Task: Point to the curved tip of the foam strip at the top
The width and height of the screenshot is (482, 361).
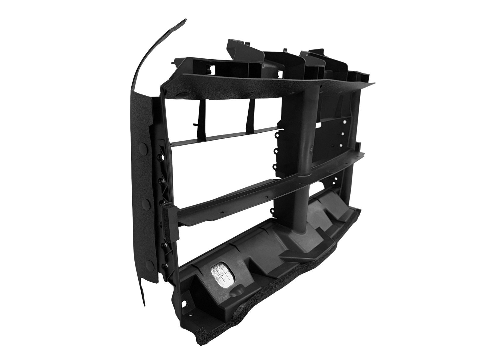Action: point(184,21)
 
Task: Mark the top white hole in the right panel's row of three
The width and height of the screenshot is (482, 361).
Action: point(344,122)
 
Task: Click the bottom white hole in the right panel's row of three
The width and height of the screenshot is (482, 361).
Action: point(341,145)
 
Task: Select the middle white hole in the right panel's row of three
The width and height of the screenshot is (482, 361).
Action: point(343,134)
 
